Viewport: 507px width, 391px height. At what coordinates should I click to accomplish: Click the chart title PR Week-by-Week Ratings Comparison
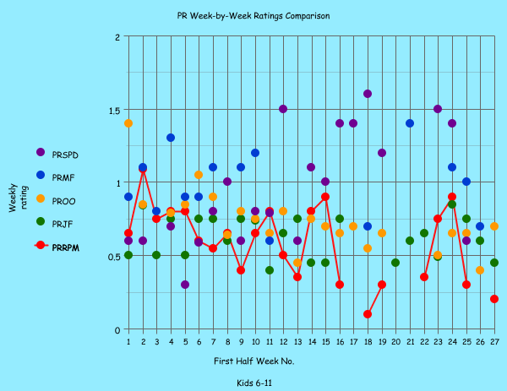253,15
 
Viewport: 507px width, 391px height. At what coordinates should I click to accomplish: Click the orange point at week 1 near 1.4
128,123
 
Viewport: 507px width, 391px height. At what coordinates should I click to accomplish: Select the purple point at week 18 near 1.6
368,94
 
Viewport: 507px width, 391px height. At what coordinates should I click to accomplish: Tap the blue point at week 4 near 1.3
171,138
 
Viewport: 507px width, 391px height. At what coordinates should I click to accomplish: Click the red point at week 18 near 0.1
368,314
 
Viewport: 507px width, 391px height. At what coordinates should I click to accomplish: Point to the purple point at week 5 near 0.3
185,285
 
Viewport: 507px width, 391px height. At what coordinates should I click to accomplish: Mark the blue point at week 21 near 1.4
410,123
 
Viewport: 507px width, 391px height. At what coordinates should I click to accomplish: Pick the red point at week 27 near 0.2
494,299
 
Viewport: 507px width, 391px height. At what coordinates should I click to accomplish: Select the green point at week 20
395,263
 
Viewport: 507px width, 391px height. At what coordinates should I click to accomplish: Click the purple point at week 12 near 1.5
283,109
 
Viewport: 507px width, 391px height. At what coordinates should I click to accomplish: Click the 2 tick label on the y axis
117,37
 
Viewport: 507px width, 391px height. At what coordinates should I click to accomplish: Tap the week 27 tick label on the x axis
494,341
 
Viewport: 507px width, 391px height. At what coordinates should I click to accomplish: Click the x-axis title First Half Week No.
253,361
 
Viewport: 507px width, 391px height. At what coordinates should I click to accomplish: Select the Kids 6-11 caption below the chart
253,383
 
